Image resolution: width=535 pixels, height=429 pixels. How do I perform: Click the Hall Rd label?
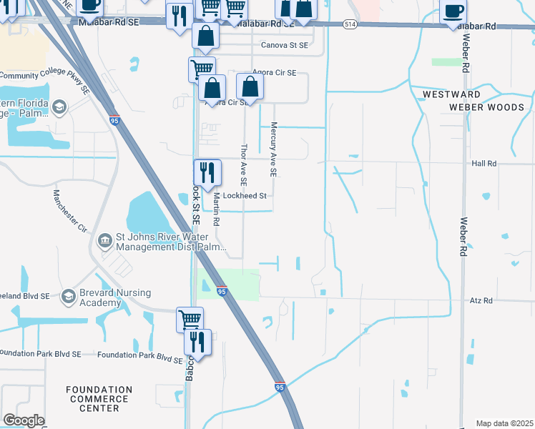(x=484, y=164)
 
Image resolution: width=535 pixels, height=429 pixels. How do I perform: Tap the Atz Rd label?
(x=482, y=301)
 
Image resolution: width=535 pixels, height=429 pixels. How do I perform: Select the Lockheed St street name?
(x=245, y=196)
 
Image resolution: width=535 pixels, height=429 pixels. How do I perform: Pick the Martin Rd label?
(x=217, y=213)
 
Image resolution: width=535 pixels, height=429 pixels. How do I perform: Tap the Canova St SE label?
(x=284, y=45)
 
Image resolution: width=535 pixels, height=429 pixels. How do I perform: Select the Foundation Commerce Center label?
(x=99, y=399)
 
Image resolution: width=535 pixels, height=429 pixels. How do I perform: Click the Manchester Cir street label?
(x=70, y=211)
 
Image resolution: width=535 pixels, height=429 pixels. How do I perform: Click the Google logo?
(x=24, y=420)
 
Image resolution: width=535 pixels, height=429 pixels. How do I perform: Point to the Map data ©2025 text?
(x=504, y=423)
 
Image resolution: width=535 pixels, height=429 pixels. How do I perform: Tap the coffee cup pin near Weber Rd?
(x=454, y=11)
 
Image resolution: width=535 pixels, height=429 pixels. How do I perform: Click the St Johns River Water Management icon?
(x=104, y=239)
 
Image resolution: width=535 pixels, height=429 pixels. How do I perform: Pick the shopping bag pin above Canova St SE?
(x=205, y=36)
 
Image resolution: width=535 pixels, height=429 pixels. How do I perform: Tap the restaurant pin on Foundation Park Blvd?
(x=197, y=342)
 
